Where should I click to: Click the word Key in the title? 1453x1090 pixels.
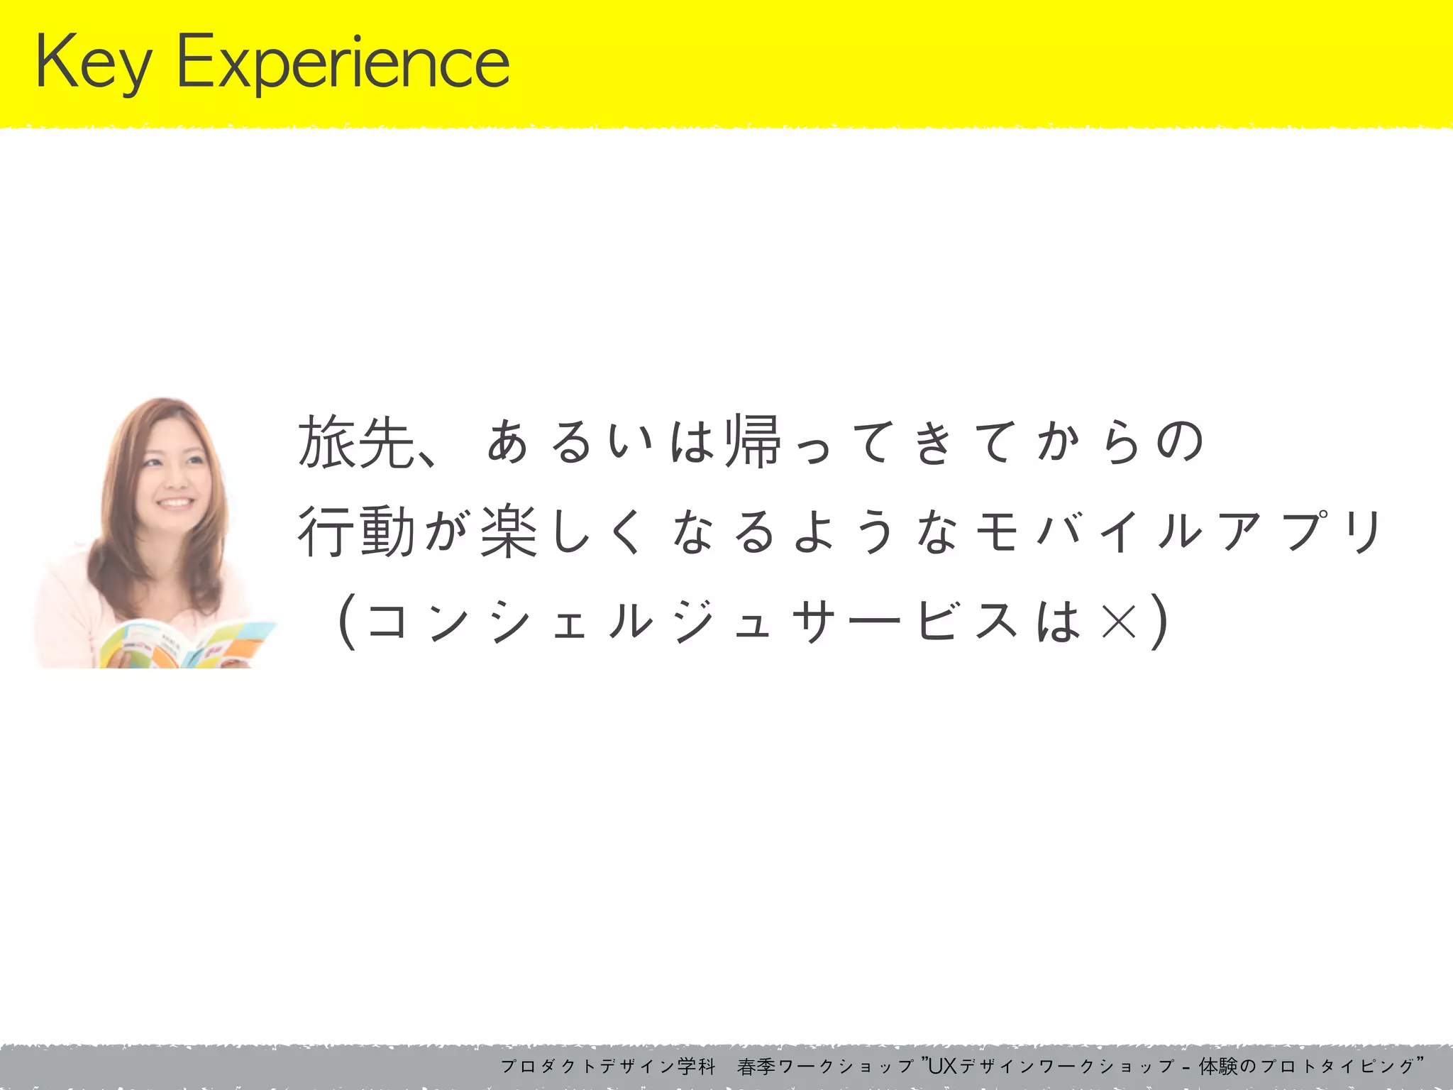(x=93, y=64)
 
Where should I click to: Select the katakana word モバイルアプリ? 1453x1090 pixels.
(x=1178, y=532)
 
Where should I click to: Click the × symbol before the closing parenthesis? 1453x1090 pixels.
(x=1119, y=622)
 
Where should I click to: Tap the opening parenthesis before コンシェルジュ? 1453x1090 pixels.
(x=346, y=622)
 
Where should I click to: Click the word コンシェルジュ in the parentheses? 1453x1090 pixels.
(x=568, y=622)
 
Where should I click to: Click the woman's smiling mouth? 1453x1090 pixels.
(x=175, y=503)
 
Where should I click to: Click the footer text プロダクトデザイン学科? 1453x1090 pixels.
(x=607, y=1067)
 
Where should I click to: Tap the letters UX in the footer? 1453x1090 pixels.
(x=942, y=1066)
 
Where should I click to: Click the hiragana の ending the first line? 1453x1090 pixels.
(x=1180, y=441)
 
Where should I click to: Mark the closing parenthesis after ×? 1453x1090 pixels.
(x=1159, y=622)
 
